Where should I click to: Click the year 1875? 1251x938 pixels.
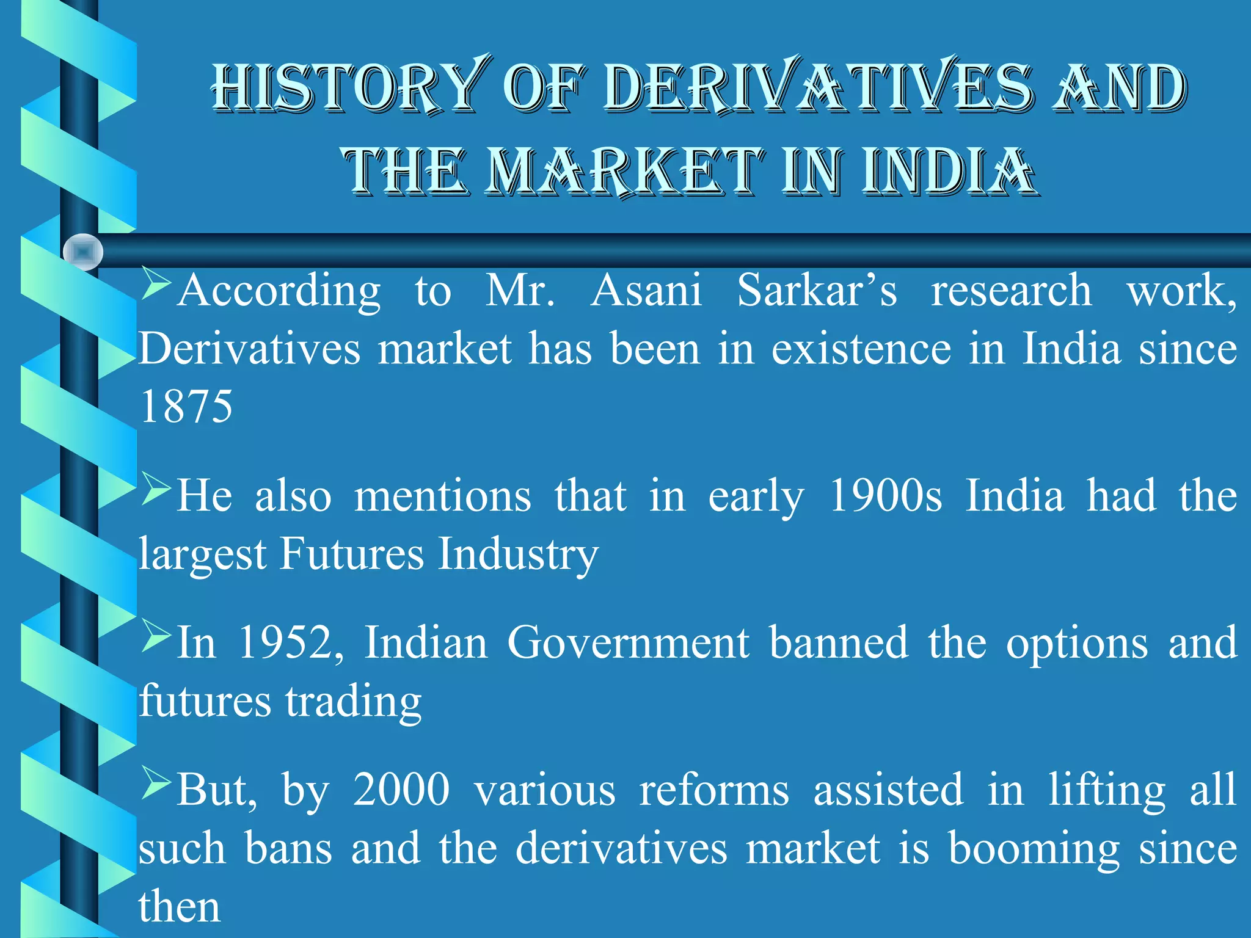[x=186, y=407]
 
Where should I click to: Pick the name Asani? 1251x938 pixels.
[x=646, y=290]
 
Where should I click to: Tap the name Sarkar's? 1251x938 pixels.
[x=817, y=290]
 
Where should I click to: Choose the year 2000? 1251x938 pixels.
[x=401, y=790]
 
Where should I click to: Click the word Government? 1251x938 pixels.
[x=628, y=642]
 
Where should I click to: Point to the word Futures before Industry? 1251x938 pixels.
[x=352, y=554]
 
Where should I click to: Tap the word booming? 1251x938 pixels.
[x=1034, y=849]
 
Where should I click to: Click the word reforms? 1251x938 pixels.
[x=714, y=790]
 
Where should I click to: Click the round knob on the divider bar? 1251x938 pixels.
[x=83, y=252]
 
